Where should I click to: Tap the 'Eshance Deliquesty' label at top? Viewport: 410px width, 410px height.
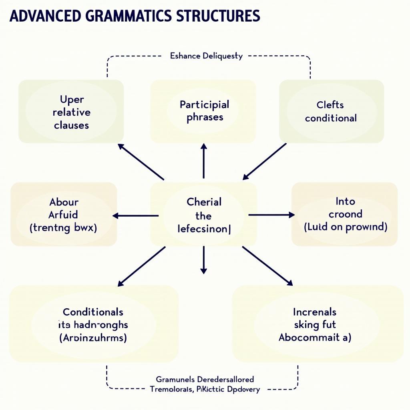click(x=206, y=56)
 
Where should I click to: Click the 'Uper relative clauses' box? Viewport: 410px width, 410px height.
click(x=71, y=112)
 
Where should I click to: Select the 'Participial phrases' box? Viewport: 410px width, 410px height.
click(x=203, y=111)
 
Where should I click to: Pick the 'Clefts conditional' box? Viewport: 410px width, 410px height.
click(x=331, y=111)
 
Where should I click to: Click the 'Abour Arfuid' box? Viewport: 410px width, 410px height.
click(x=64, y=214)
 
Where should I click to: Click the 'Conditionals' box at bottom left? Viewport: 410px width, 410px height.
click(x=93, y=324)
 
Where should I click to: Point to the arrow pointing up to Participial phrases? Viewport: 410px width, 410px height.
click(x=203, y=161)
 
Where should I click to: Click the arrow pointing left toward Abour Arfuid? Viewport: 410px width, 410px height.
click(x=135, y=216)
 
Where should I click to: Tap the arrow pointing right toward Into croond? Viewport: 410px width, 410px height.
click(x=272, y=215)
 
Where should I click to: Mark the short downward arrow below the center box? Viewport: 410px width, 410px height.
click(x=203, y=260)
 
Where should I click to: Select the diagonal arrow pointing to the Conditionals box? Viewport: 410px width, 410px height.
click(x=141, y=266)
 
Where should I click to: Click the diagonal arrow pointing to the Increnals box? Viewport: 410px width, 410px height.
click(x=267, y=266)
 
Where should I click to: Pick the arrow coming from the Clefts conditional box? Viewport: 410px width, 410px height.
click(x=265, y=161)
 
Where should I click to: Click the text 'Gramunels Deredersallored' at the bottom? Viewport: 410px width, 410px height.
click(x=205, y=379)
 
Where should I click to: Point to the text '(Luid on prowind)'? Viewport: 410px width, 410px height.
click(x=345, y=227)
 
